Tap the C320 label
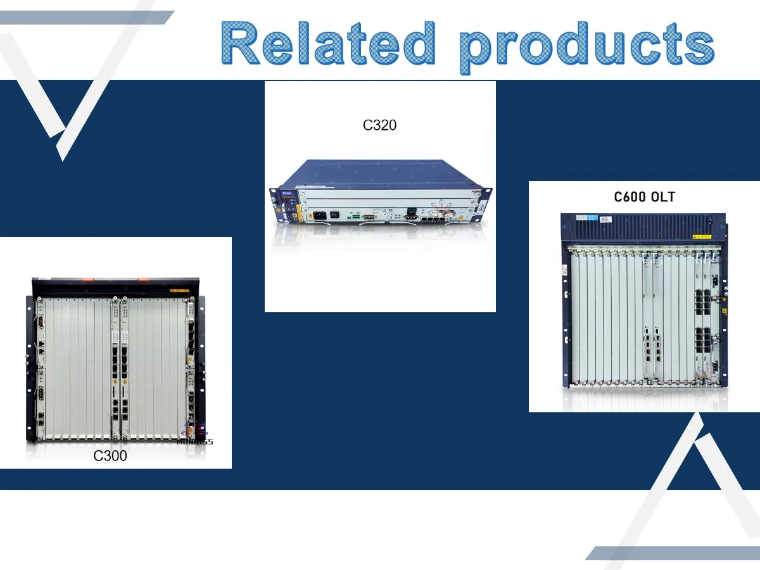click(379, 125)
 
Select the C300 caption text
click(110, 455)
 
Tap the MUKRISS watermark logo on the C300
click(194, 434)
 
